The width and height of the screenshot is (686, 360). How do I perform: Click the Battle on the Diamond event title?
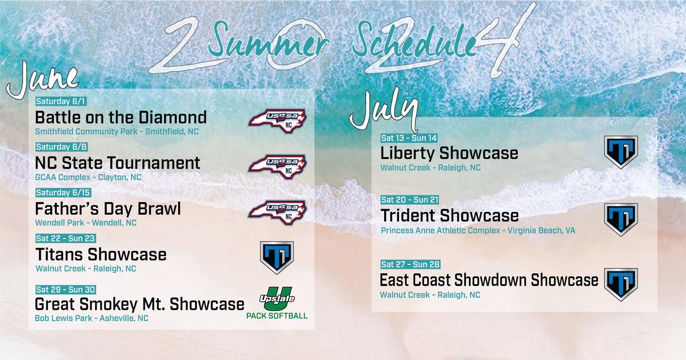[121, 118]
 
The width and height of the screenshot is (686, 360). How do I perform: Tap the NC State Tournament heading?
[118, 163]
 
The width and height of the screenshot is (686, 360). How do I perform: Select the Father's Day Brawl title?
[108, 209]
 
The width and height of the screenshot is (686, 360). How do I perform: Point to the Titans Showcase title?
[101, 254]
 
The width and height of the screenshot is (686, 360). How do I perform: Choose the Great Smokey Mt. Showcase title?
[139, 303]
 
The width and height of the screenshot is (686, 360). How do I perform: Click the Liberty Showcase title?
[449, 153]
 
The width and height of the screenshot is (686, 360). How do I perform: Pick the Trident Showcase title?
[449, 215]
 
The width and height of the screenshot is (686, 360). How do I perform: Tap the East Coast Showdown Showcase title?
[489, 281]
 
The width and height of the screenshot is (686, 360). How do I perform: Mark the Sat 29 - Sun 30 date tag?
[65, 289]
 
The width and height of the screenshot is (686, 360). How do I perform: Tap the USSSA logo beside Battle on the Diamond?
[277, 119]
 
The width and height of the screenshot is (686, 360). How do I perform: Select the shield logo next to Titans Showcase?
[277, 257]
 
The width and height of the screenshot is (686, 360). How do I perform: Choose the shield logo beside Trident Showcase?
[621, 219]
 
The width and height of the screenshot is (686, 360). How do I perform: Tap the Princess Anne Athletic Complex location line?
[478, 231]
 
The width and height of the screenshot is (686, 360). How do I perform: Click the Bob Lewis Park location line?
[91, 318]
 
